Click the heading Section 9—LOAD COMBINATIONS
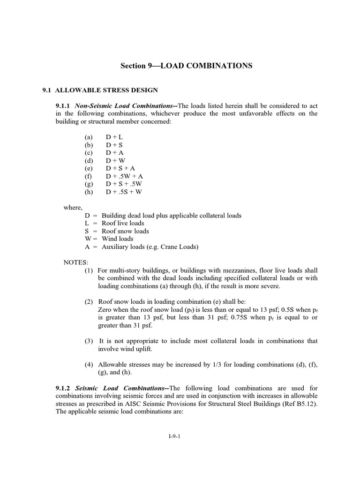pyautogui.click(x=187, y=66)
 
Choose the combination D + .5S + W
pyautogui.click(x=124, y=191)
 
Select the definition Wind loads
pyautogui.click(x=118, y=239)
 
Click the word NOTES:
pyautogui.click(x=75, y=262)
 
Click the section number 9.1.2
pyautogui.click(x=63, y=388)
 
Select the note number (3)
pyautogui.click(x=89, y=341)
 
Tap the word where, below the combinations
pyautogui.click(x=73, y=207)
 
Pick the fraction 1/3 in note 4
pyautogui.click(x=216, y=365)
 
